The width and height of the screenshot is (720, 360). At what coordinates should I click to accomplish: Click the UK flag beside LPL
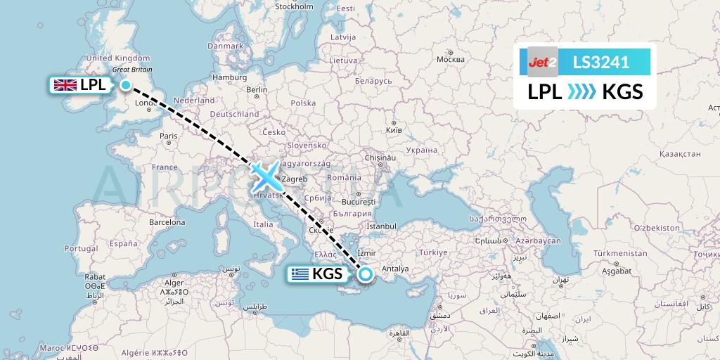[65, 85]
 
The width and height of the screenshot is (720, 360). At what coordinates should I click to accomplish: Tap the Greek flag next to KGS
[300, 274]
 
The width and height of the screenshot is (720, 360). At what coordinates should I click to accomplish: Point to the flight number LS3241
[601, 62]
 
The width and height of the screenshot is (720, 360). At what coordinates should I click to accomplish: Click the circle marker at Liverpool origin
[126, 85]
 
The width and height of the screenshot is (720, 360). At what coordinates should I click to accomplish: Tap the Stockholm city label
[294, 6]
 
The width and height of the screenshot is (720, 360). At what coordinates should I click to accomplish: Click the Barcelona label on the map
[167, 222]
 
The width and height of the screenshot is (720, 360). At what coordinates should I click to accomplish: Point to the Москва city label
[451, 59]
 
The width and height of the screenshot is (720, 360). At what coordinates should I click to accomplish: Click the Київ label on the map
[394, 131]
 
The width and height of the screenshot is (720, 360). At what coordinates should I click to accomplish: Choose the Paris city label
[168, 136]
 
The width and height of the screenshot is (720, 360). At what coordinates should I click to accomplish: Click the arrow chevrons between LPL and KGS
[581, 91]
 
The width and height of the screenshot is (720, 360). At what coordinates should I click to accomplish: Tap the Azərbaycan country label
[538, 240]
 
